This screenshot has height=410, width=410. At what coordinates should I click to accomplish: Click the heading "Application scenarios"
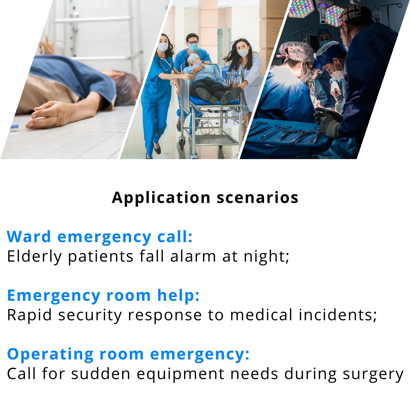point(205,198)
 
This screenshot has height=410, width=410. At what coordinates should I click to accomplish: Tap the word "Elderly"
point(34,256)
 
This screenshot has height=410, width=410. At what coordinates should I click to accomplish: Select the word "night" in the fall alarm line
point(265,256)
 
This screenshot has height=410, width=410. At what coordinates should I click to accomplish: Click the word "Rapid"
point(29,315)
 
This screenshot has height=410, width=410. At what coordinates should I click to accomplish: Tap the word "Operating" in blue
point(51,355)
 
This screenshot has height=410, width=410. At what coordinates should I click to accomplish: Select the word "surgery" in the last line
point(373,374)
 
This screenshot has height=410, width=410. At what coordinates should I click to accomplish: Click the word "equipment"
point(180,374)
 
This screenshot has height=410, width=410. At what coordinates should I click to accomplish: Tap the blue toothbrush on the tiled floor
point(14,127)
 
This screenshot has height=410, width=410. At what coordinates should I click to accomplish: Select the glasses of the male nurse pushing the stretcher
point(193,42)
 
